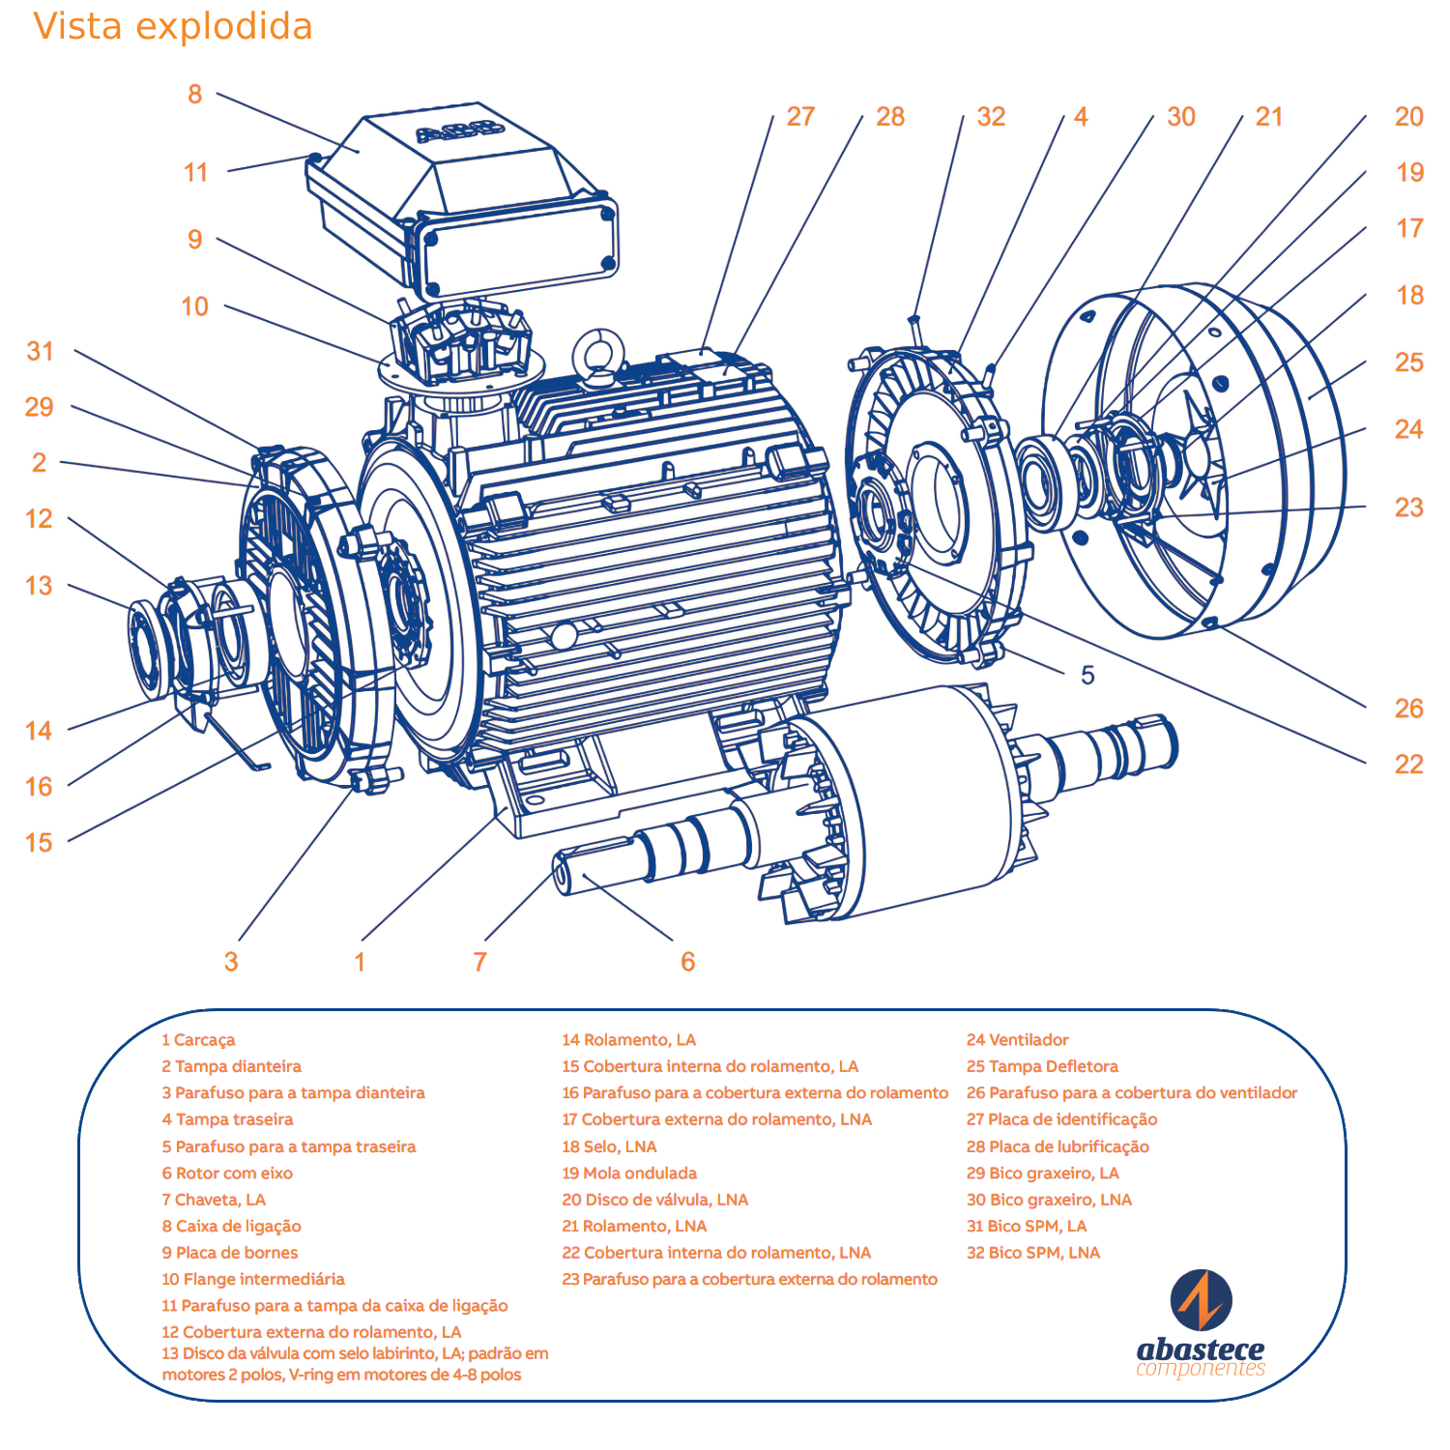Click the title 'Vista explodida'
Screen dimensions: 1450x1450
[x=173, y=27]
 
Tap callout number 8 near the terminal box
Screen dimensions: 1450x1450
[x=195, y=95]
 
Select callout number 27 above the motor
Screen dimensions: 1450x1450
[x=800, y=117]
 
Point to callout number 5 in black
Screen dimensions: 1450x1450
[x=1087, y=676]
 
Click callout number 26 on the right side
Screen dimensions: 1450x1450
[x=1408, y=709]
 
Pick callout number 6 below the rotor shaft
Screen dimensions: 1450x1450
[x=687, y=962]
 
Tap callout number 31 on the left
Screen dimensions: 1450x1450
[x=40, y=351]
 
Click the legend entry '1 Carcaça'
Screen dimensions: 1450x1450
[x=198, y=1040]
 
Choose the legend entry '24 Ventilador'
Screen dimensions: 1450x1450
[x=1017, y=1040]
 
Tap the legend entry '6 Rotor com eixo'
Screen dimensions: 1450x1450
[x=227, y=1174]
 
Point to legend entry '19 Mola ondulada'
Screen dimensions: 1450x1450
[x=629, y=1174]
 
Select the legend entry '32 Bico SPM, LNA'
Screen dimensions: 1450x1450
[x=1033, y=1253]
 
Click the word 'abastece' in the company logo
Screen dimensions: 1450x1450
[x=1201, y=1348]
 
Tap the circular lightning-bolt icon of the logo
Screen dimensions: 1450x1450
[x=1201, y=1300]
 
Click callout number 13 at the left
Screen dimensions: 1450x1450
[x=39, y=586]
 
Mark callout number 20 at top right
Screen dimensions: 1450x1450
[x=1408, y=117]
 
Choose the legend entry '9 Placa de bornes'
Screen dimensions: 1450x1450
[x=230, y=1253]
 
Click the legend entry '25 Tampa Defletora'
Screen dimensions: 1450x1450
[x=1042, y=1066]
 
